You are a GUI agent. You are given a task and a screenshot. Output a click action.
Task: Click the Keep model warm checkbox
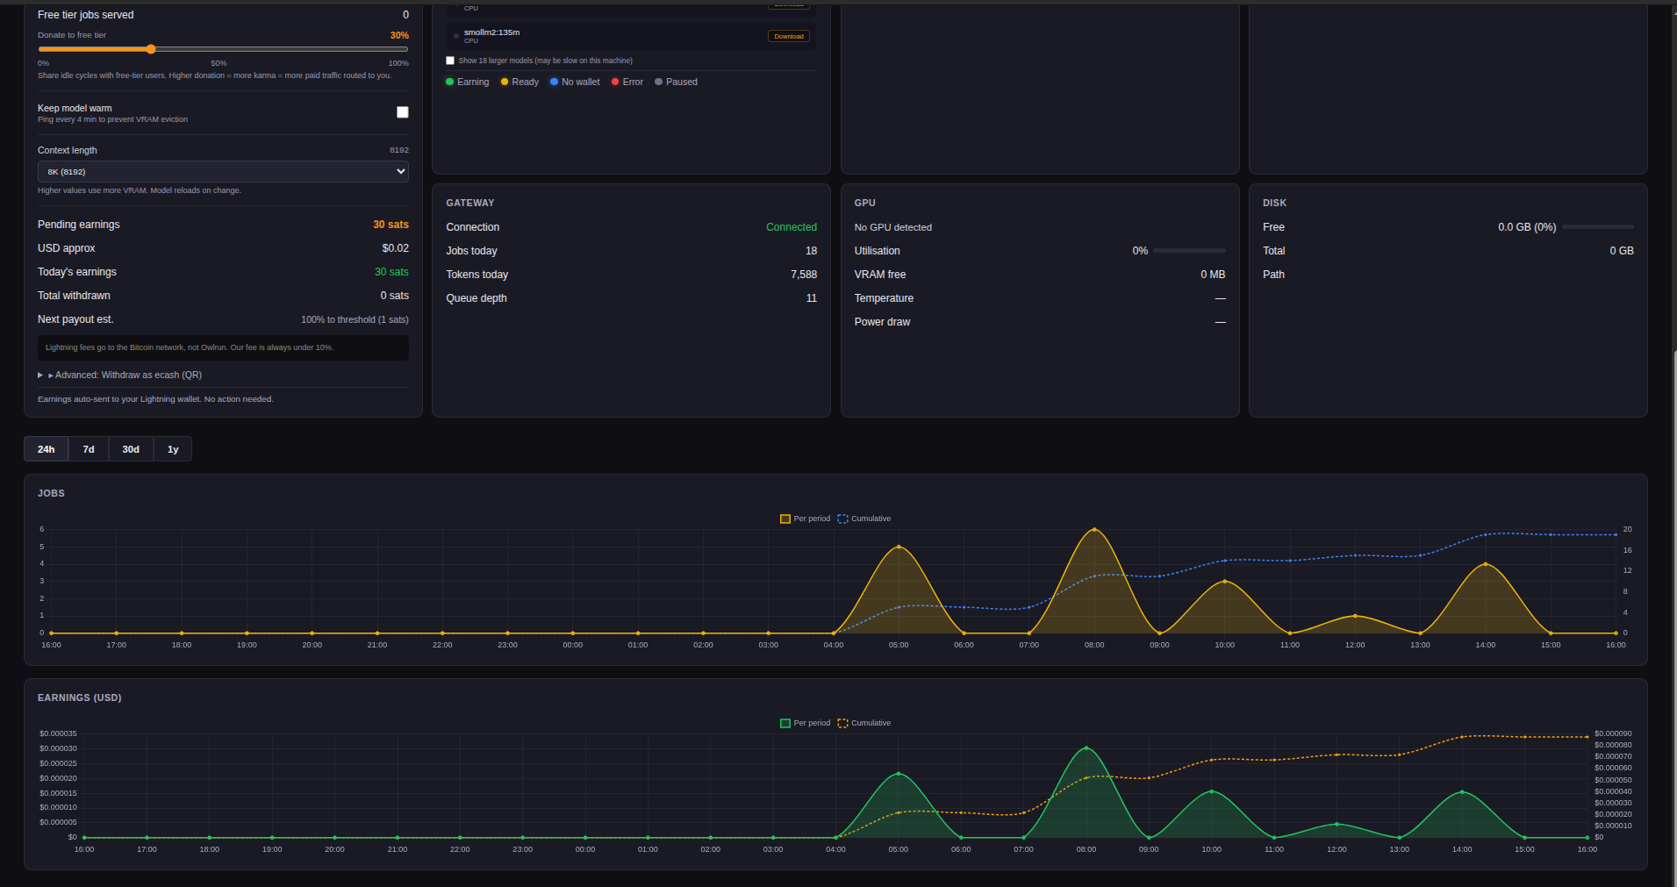(x=403, y=112)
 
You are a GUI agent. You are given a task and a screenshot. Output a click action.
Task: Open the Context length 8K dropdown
(x=223, y=172)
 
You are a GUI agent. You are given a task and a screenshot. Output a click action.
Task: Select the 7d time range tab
(x=89, y=449)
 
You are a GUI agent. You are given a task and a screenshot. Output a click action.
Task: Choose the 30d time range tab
(x=131, y=449)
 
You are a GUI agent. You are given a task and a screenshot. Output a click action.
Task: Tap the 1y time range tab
(x=173, y=449)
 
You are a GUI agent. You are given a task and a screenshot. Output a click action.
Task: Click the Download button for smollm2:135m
(x=788, y=36)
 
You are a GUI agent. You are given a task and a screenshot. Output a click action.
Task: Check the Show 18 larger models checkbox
(x=450, y=61)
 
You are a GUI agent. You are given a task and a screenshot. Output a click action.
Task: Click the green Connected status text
(x=791, y=227)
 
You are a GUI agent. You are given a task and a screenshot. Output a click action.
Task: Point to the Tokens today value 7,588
(x=803, y=275)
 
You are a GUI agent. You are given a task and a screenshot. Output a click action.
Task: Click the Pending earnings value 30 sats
(x=391, y=225)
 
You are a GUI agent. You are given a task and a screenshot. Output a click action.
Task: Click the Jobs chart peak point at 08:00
(x=1094, y=529)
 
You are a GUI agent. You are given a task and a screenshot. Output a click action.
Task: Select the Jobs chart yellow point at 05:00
(x=899, y=547)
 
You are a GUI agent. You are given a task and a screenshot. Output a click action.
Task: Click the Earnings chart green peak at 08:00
(x=1086, y=748)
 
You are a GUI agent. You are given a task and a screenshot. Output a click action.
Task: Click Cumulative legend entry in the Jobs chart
(x=864, y=519)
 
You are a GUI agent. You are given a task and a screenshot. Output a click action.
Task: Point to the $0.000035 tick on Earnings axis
(x=58, y=733)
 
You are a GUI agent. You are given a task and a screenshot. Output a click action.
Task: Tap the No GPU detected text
(x=892, y=227)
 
